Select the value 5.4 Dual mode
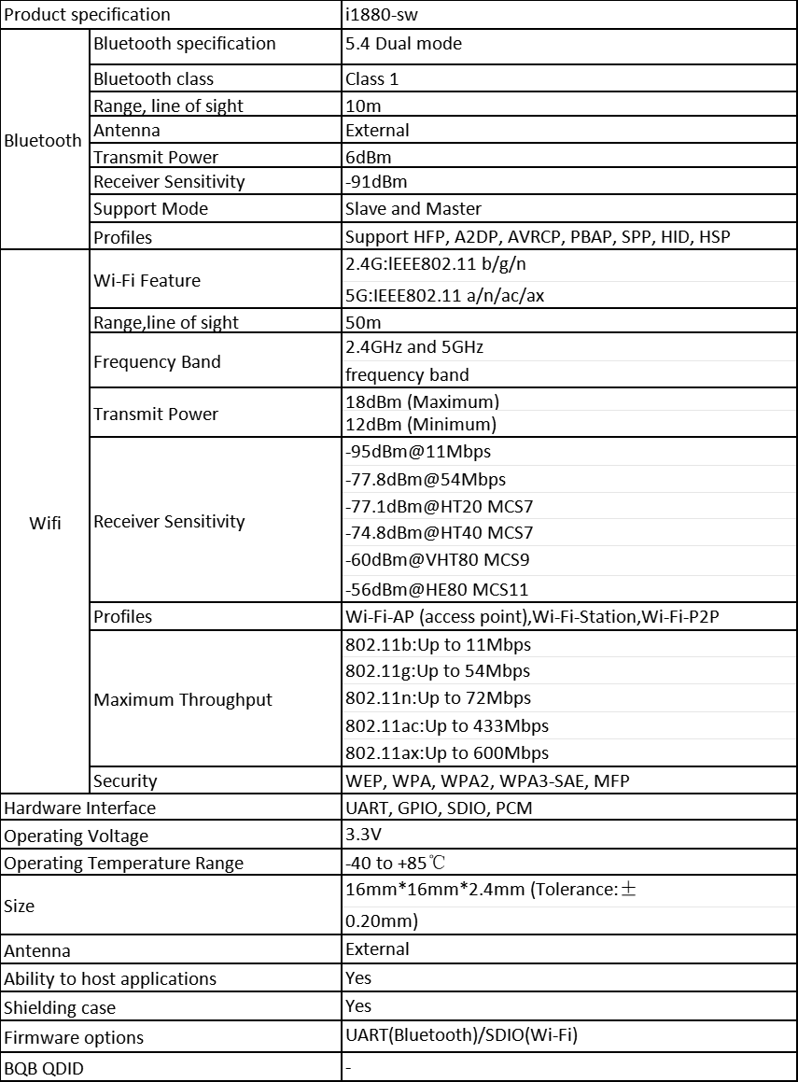tap(403, 44)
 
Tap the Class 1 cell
tap(371, 79)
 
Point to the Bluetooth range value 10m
tap(363, 106)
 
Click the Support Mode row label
tap(150, 209)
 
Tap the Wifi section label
tap(45, 523)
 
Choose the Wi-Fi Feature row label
tap(147, 281)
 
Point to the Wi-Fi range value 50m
tap(363, 323)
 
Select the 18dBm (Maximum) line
tap(422, 402)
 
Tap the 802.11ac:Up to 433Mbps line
tap(447, 726)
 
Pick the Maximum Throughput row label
tap(183, 700)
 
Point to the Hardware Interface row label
tap(80, 808)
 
